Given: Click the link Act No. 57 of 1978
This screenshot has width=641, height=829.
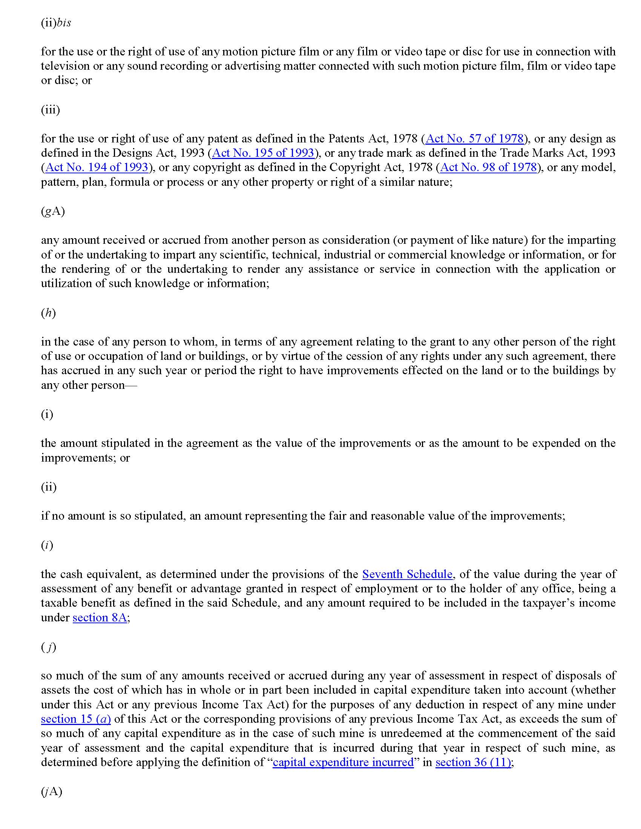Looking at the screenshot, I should click(475, 139).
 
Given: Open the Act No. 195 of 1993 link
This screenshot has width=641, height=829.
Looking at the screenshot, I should click(263, 153).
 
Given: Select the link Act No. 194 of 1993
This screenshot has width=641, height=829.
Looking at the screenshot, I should click(97, 167).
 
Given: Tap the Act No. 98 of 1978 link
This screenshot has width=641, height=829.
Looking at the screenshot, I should click(488, 167).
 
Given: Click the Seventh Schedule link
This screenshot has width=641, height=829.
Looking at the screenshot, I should click(407, 574).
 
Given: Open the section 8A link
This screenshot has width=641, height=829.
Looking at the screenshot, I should click(100, 618).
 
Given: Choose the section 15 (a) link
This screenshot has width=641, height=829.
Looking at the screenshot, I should click(75, 719).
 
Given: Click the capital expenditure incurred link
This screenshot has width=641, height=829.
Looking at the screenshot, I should click(343, 762).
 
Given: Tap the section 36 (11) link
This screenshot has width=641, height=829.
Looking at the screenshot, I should click(473, 762).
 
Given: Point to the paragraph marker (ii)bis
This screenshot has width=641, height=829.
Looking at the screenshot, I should click(56, 23).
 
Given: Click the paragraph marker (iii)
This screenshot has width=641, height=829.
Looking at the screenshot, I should click(50, 110).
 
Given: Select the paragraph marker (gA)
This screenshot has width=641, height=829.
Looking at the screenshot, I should click(53, 211).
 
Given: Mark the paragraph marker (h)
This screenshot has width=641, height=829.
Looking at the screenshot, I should click(48, 313).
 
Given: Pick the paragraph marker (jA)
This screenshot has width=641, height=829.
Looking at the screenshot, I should click(51, 791).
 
